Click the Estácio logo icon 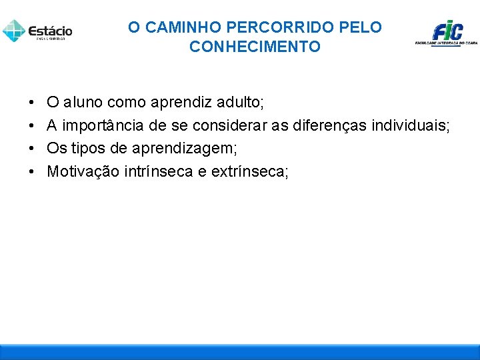[x=13, y=30]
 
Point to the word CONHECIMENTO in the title [x=255, y=47]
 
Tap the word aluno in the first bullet [x=83, y=103]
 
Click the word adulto [x=239, y=103]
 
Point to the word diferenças [x=327, y=126]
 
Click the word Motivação [x=83, y=172]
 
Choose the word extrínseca [x=249, y=172]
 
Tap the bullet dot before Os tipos [x=32, y=149]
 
